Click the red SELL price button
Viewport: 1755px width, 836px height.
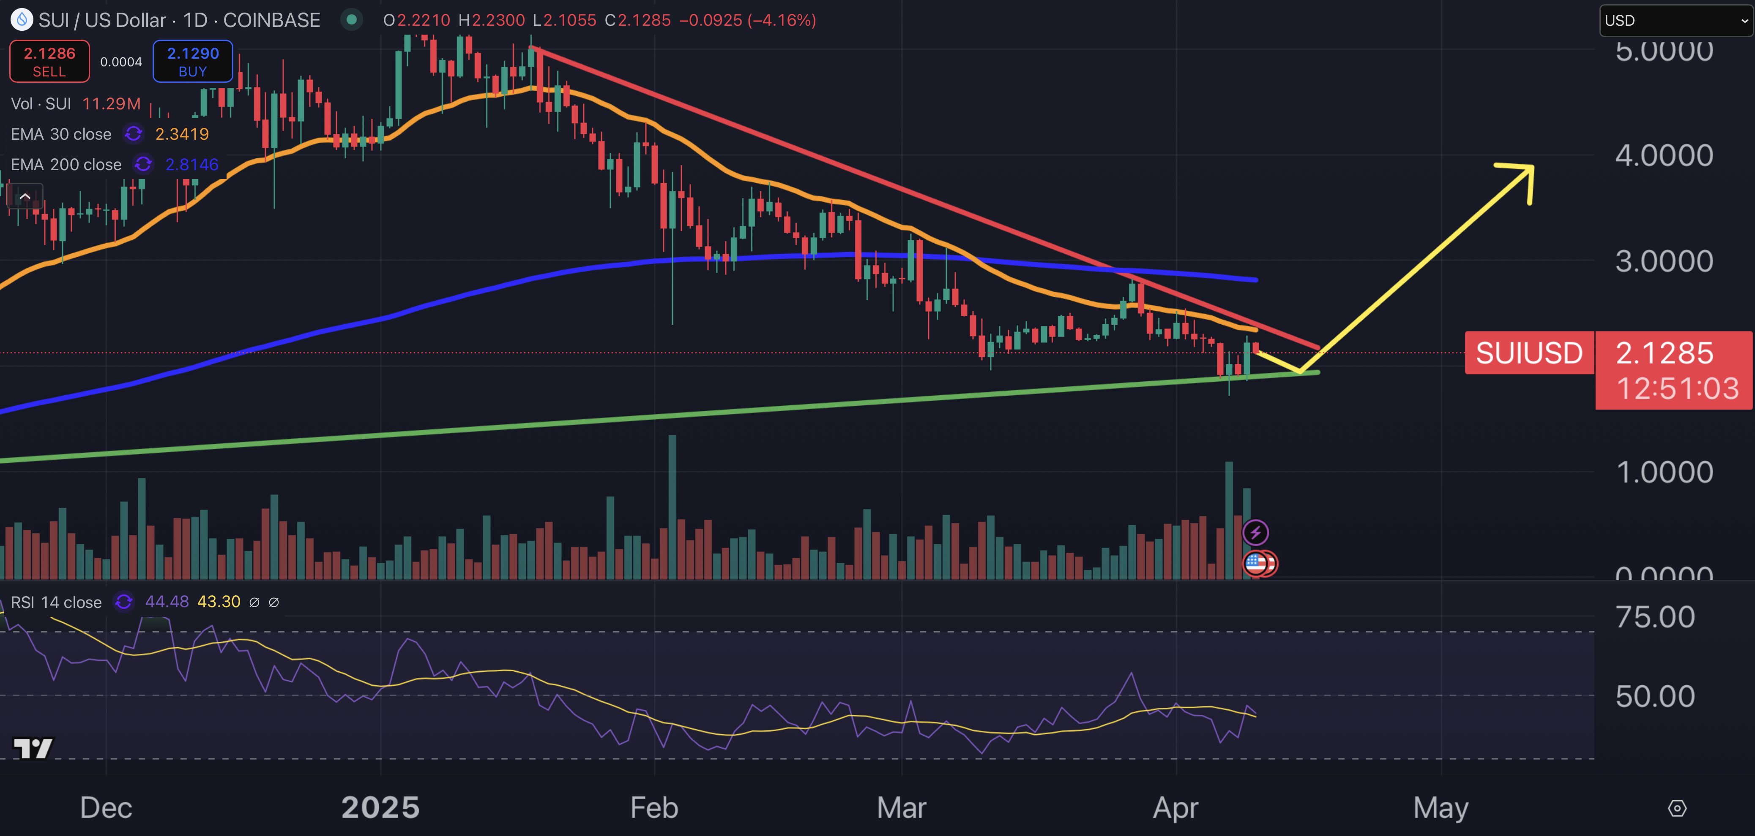coord(49,61)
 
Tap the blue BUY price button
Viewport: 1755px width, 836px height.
coord(193,61)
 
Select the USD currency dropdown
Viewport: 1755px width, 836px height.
coord(1675,20)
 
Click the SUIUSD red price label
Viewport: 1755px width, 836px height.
coord(1529,353)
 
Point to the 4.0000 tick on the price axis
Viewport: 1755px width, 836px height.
coord(1664,156)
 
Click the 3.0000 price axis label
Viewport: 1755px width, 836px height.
coord(1664,261)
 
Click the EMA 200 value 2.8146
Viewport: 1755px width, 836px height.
coord(192,164)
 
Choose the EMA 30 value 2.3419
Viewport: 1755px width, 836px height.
coord(182,134)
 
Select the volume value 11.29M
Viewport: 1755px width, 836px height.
coord(111,103)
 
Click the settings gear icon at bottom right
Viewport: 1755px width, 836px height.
coord(1677,808)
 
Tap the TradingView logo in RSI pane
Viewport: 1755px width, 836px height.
coord(33,748)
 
